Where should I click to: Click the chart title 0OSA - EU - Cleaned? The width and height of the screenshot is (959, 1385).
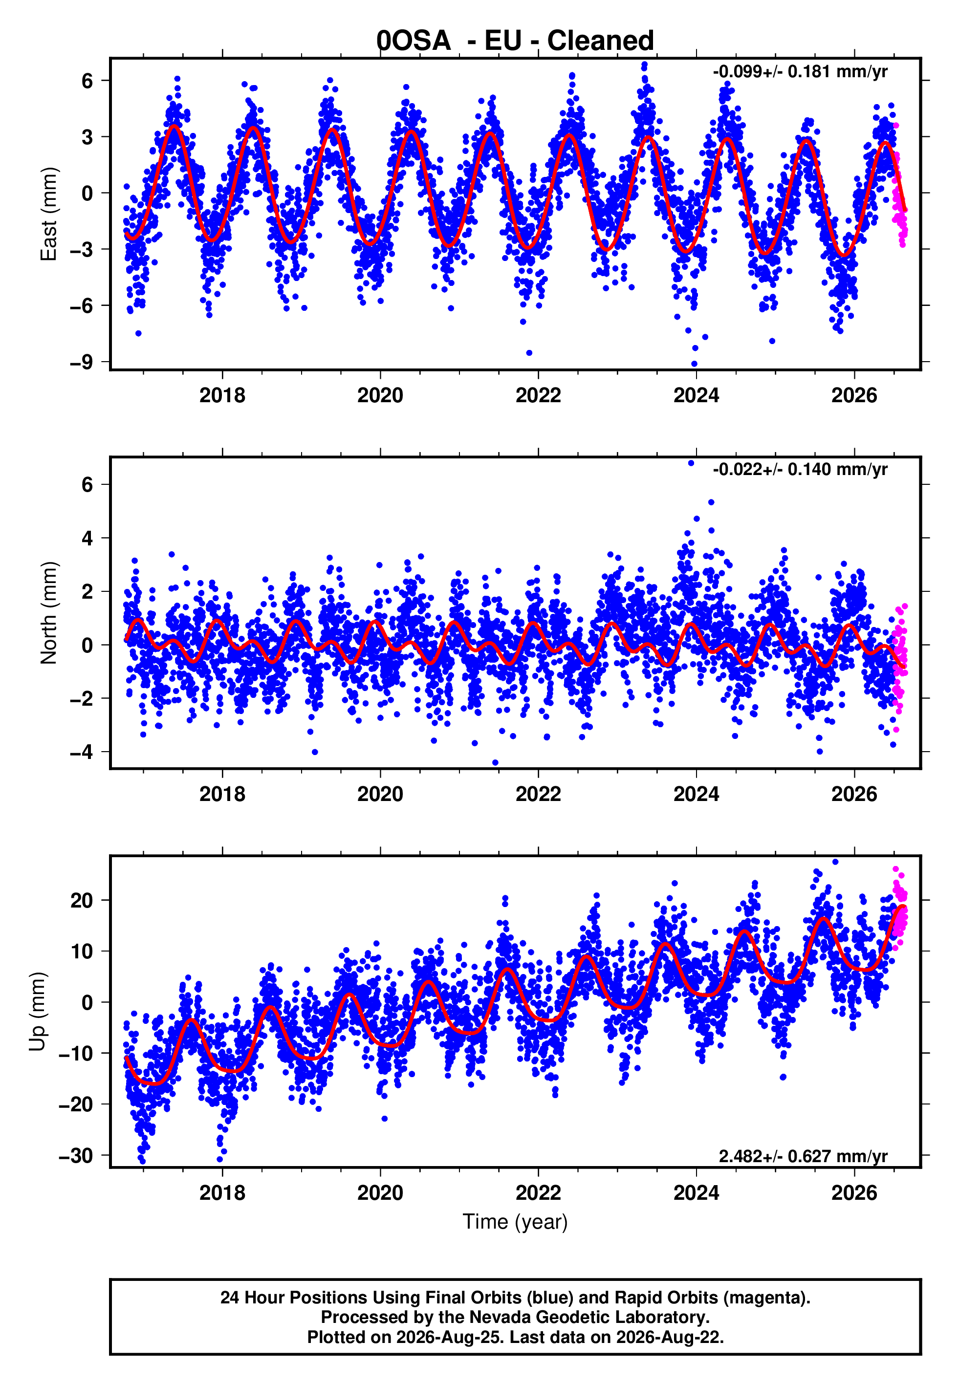coord(515,41)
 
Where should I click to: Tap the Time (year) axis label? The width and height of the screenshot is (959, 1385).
coord(515,1222)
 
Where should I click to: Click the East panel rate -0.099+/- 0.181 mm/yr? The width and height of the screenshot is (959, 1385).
coord(800,72)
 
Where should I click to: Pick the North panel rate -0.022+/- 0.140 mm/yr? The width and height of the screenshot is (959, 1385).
coord(800,469)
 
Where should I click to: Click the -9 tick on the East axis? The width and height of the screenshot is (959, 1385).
coord(82,362)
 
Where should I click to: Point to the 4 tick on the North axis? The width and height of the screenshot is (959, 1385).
coord(87,538)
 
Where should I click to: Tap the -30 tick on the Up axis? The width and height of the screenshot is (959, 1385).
coord(76,1156)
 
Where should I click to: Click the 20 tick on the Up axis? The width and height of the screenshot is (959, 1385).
coord(82,900)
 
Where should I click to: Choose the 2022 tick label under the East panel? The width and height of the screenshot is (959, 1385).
coord(538,395)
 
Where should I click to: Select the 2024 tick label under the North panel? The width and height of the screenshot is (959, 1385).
coord(696,794)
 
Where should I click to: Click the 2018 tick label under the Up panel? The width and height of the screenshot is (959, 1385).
coord(222,1193)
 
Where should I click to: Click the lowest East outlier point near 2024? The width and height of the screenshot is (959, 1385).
coord(694,364)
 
